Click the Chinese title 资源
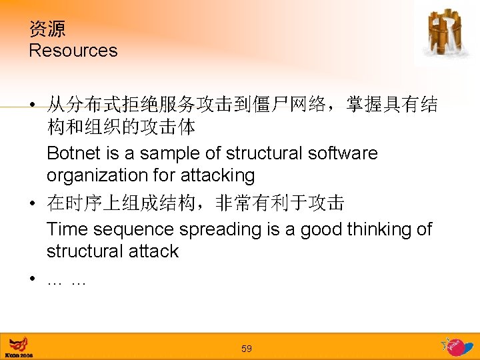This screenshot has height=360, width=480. click(x=47, y=29)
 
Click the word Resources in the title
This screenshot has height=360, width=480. click(x=73, y=51)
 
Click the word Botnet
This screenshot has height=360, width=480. click(x=74, y=153)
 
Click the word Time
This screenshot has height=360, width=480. click(x=67, y=229)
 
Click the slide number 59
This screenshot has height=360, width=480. click(x=247, y=349)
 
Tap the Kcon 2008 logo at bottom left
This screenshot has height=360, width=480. click(x=19, y=347)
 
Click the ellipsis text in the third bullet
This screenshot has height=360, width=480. click(x=67, y=282)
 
